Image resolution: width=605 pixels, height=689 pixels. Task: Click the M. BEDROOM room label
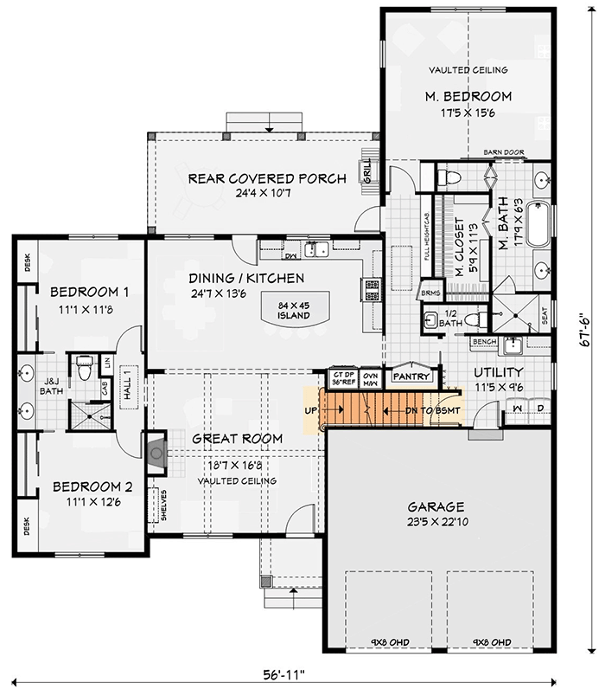point(468,96)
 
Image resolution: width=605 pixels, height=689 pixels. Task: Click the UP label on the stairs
point(309,411)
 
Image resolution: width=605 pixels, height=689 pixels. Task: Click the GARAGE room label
point(436,506)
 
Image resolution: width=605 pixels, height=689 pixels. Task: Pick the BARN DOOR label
point(505,152)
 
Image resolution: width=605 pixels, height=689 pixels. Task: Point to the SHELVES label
point(163,508)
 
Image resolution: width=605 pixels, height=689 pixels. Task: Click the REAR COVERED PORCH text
point(266,178)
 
